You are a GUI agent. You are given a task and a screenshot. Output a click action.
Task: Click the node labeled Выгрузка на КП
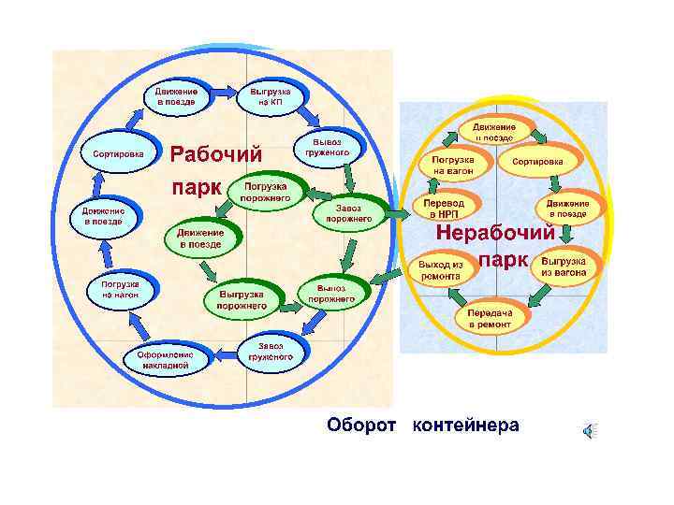(x=271, y=96)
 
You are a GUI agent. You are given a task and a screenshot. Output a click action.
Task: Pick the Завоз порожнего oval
(x=348, y=213)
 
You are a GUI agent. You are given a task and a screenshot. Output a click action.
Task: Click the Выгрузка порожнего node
(x=242, y=299)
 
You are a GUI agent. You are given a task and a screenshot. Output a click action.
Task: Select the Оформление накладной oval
(x=165, y=360)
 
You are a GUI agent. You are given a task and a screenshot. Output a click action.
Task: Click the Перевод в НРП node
(x=443, y=209)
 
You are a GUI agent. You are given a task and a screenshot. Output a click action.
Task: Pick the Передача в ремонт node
(x=489, y=318)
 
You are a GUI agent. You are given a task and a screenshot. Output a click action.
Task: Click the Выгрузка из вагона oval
(x=564, y=267)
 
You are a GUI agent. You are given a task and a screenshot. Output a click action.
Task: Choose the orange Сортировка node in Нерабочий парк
(x=543, y=160)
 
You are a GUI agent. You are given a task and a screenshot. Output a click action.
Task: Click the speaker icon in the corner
(x=588, y=429)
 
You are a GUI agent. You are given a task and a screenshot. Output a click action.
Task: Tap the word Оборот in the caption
(x=364, y=426)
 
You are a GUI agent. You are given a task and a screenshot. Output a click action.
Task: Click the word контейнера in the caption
(x=465, y=426)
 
